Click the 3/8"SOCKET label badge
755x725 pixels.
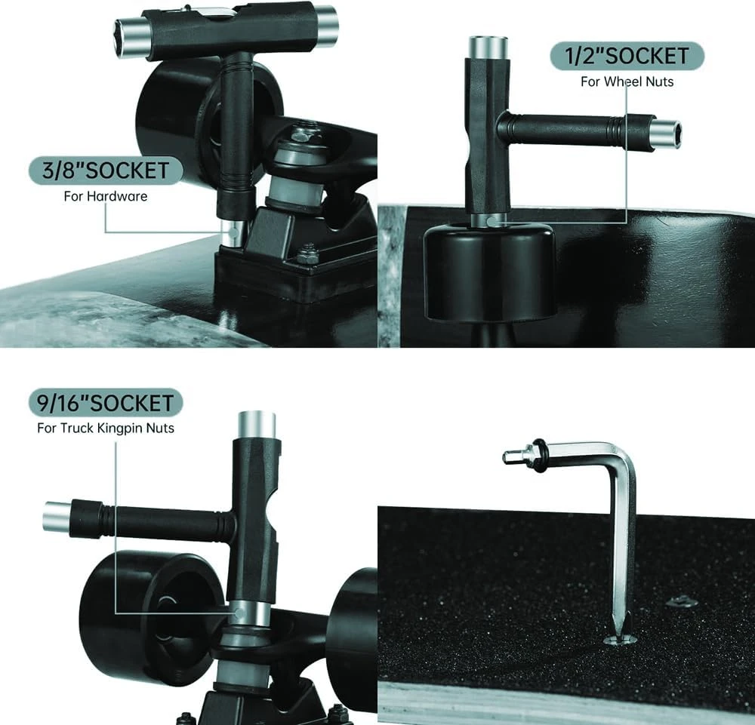106,170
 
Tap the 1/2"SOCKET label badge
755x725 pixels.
627,56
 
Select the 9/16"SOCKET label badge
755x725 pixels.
106,403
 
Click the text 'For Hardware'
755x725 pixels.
106,196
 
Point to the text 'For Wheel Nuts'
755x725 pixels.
627,81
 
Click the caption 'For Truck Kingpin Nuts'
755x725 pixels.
106,429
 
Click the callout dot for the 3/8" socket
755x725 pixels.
233,232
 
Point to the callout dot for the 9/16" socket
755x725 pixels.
239,613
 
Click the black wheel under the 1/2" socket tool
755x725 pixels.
490,272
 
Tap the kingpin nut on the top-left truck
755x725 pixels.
302,135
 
